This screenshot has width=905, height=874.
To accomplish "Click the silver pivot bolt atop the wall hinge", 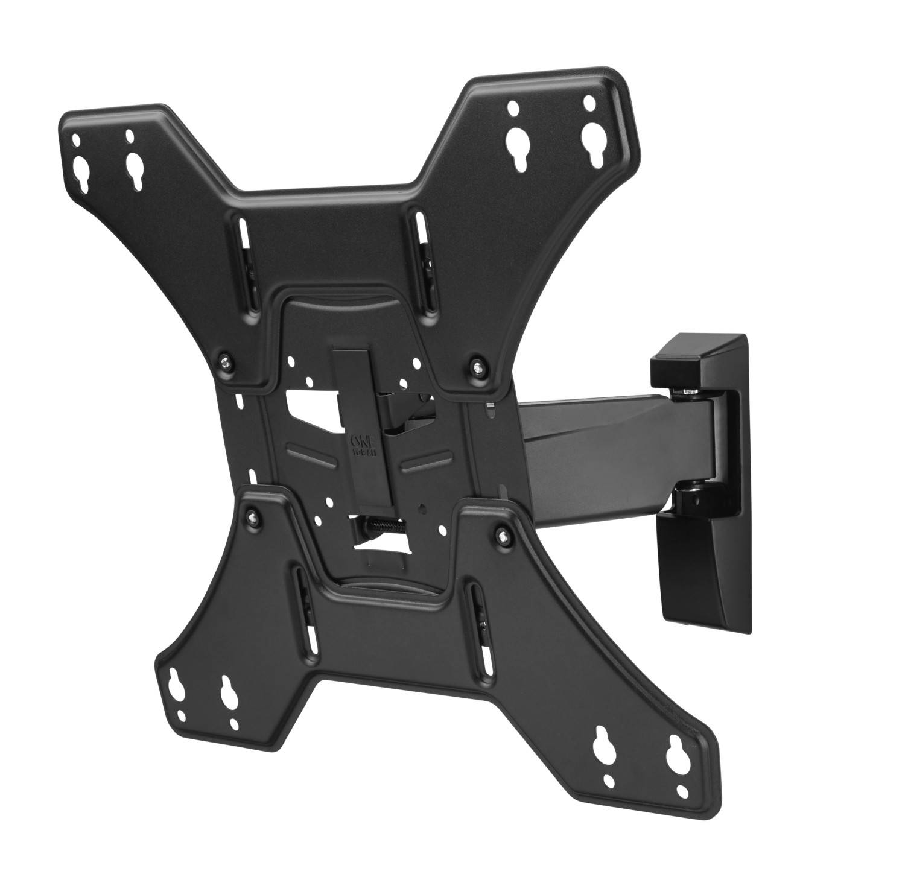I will pos(688,393).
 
